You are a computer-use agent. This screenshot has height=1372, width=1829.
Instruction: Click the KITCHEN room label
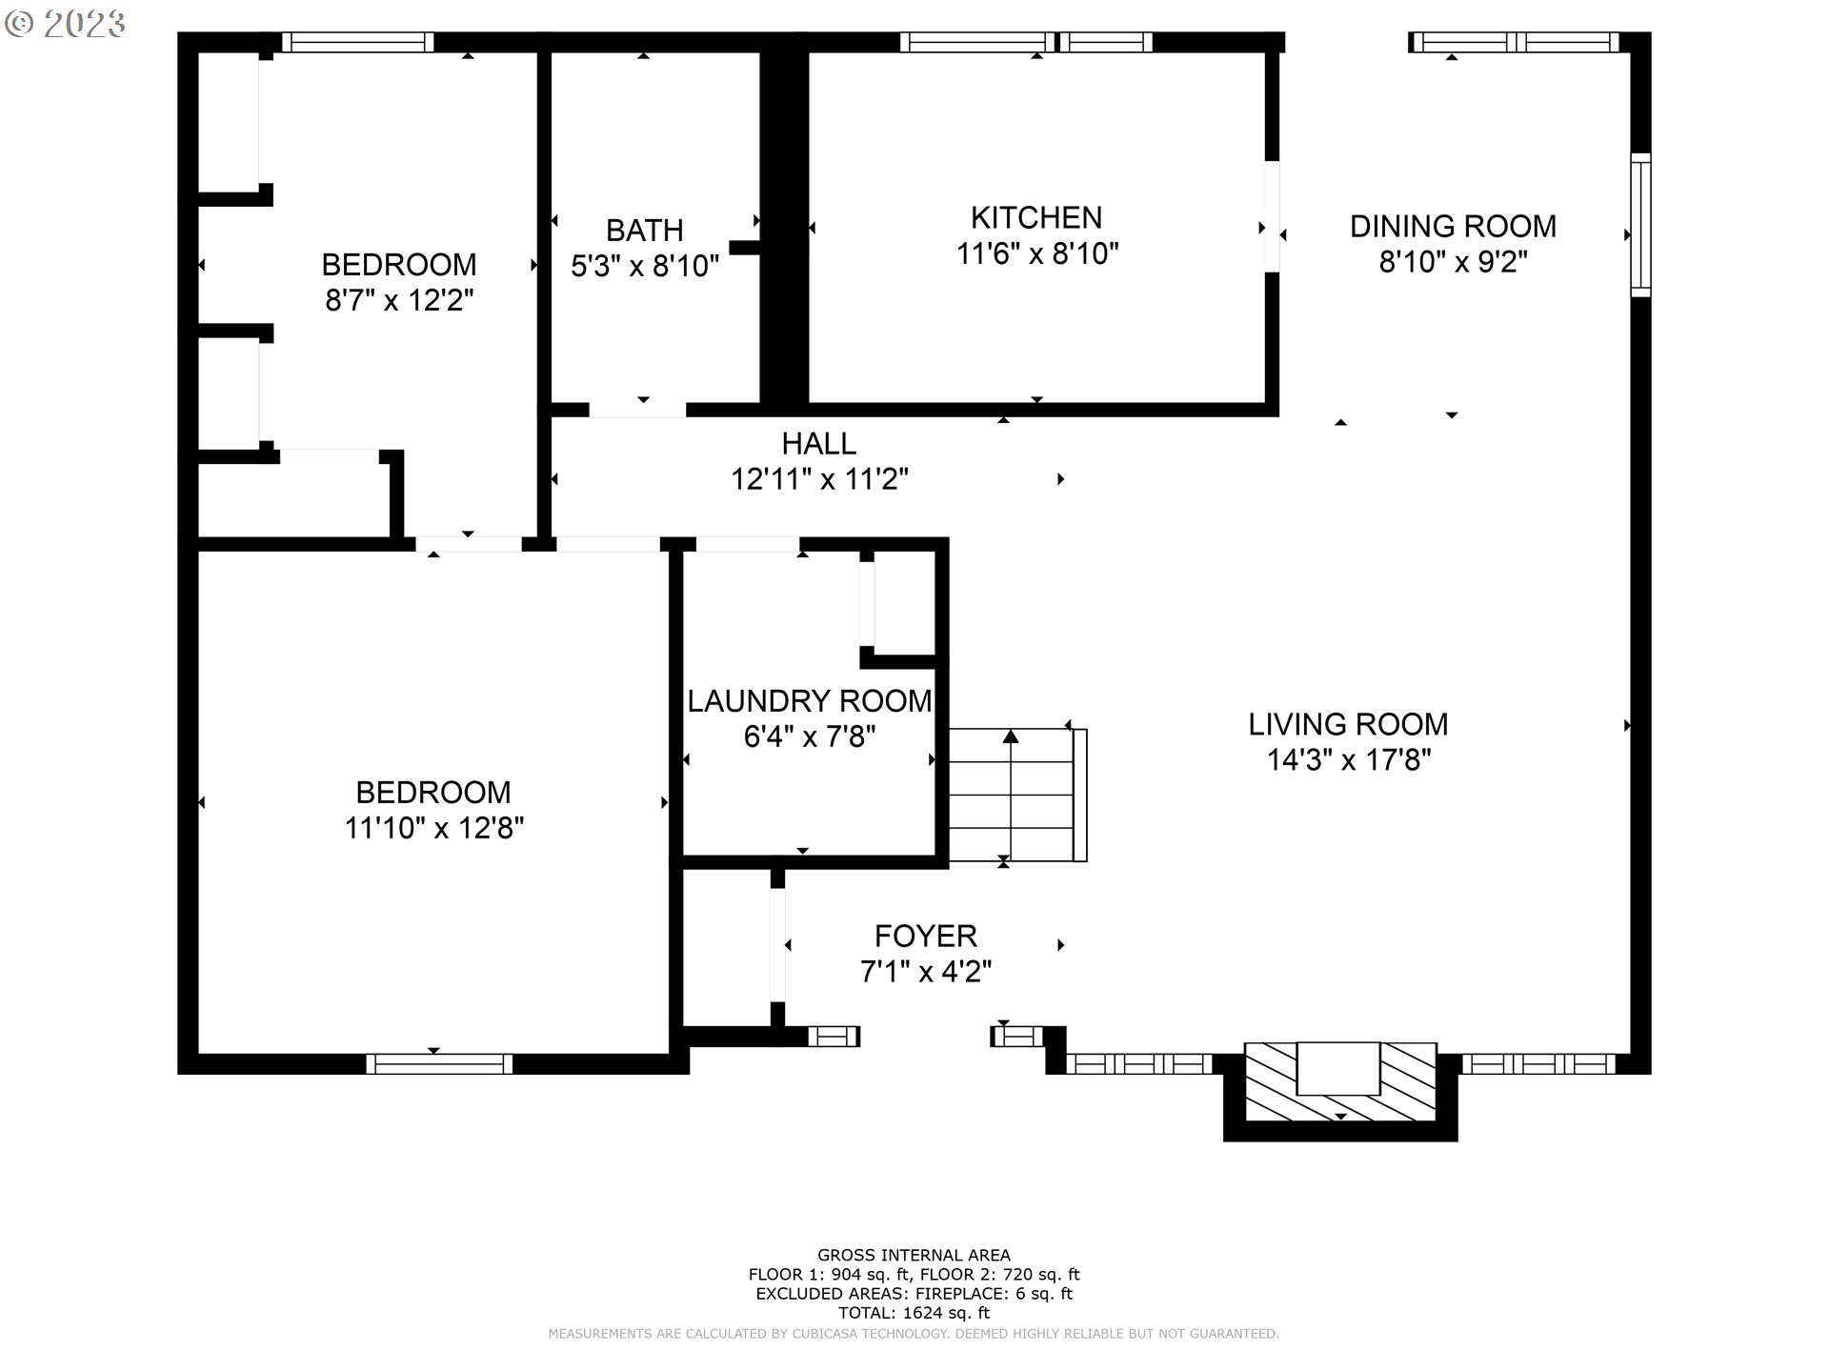[x=1035, y=218]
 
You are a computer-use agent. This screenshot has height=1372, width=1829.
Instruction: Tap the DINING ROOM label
[x=1452, y=227]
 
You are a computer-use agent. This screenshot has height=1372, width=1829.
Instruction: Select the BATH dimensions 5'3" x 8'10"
[x=644, y=266]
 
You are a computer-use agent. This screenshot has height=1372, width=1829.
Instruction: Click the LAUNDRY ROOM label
[x=809, y=701]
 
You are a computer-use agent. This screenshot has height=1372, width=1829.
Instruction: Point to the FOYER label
[x=925, y=936]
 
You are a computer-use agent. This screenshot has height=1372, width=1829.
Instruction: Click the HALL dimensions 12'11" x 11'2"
[x=818, y=479]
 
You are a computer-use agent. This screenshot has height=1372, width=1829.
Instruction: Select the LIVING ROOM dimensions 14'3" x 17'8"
[x=1348, y=760]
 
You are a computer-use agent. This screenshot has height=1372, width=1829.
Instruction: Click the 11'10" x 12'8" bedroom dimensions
[x=433, y=828]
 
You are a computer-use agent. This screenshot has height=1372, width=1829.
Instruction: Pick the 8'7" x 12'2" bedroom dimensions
[x=399, y=301]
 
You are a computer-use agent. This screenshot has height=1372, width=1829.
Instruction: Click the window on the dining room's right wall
[x=1639, y=225]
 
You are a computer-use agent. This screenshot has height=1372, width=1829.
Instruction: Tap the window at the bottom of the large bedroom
[x=439, y=1063]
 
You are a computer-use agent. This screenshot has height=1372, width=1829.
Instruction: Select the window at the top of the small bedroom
[x=357, y=42]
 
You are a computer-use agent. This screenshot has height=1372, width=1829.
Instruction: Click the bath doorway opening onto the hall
[x=636, y=410]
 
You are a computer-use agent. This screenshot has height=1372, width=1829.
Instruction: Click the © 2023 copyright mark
[x=65, y=24]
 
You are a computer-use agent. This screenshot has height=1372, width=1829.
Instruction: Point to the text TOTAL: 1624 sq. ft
[x=914, y=1312]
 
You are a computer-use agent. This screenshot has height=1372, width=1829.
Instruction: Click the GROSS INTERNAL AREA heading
[x=914, y=1255]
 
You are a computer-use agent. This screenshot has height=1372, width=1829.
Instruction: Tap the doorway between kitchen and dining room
[x=1272, y=217]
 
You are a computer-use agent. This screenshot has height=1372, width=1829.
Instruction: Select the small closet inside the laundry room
[x=903, y=604]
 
